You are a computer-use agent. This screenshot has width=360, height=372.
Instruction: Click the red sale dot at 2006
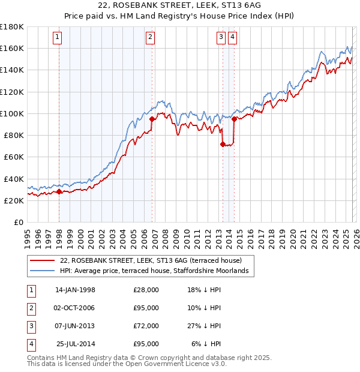tap(152, 119)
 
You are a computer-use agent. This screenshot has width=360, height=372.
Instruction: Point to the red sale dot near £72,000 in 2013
tap(223, 144)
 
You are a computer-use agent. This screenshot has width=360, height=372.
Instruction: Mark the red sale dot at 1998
tap(59, 192)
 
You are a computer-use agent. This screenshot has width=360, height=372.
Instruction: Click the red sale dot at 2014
tap(234, 119)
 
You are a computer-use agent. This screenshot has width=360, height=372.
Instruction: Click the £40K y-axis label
tap(14, 179)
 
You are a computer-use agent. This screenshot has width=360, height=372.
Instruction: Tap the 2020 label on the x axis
tap(292, 235)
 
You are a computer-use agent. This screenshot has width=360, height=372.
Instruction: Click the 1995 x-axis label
tap(28, 235)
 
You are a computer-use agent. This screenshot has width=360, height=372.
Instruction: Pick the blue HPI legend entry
tap(154, 271)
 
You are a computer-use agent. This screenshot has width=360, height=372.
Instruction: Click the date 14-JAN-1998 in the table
tap(75, 290)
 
